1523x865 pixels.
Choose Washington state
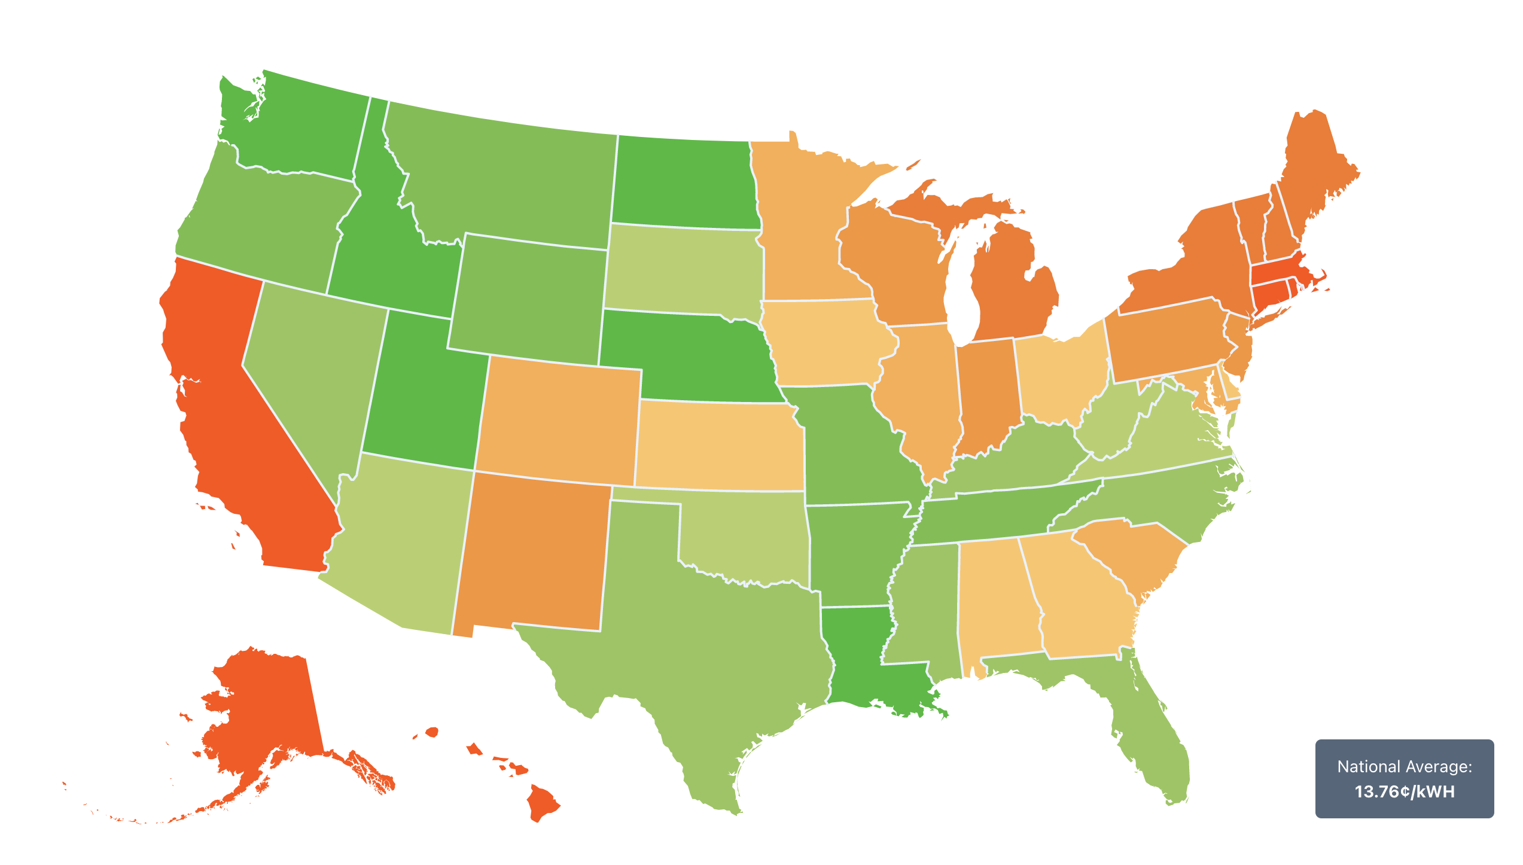point(299,132)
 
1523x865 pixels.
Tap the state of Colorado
point(559,419)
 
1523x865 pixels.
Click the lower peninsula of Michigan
point(1011,287)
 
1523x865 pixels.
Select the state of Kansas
point(718,446)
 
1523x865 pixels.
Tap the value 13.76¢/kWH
point(1404,792)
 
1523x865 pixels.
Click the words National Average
point(1404,767)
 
